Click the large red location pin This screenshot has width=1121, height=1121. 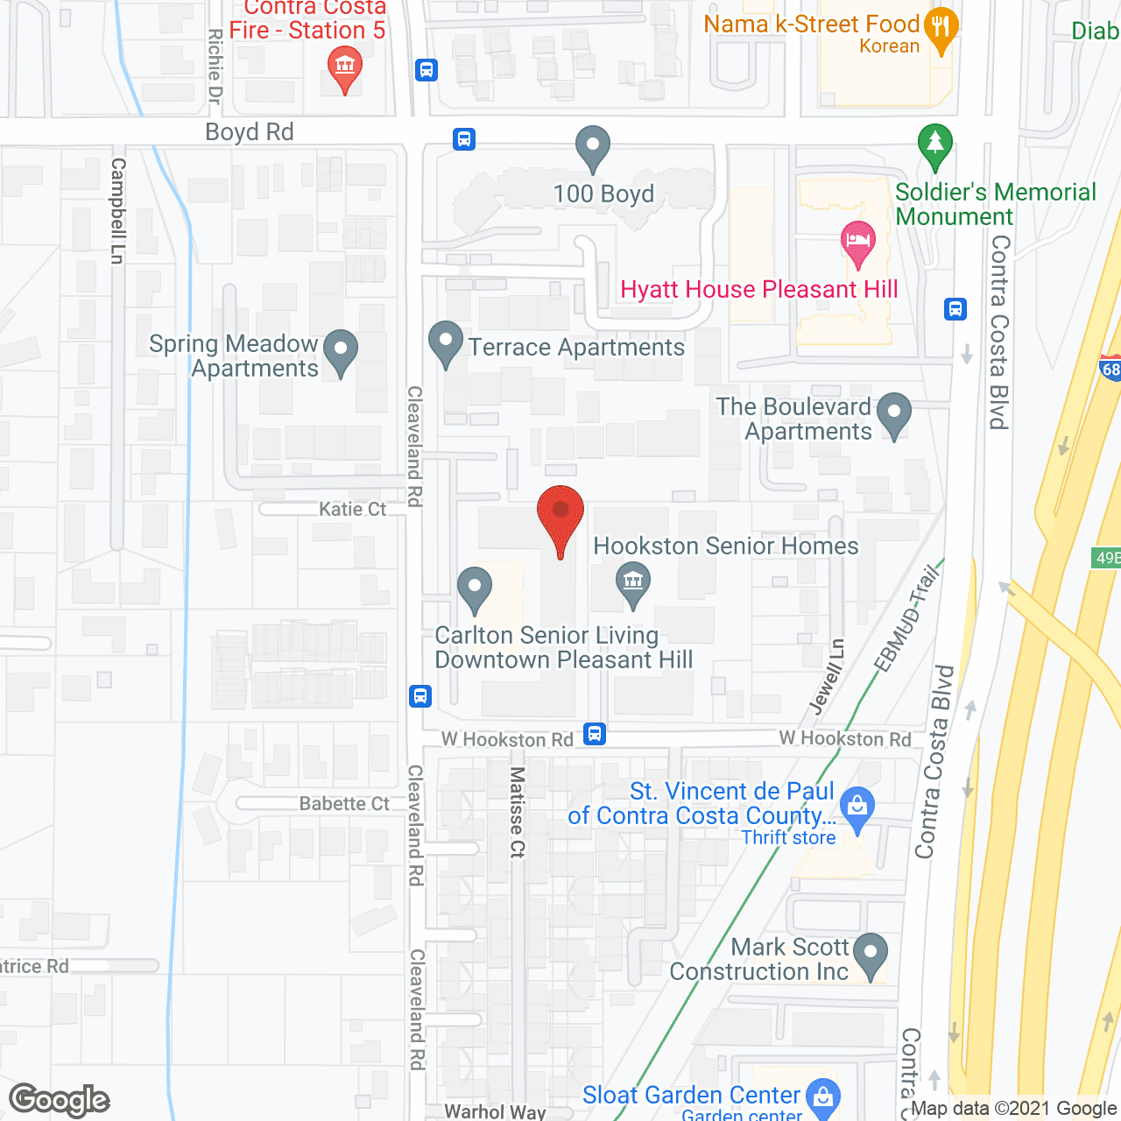[560, 517]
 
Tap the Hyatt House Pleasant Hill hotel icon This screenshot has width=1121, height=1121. [857, 243]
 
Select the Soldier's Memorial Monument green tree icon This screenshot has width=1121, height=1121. [934, 145]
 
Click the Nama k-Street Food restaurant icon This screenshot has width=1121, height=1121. [941, 29]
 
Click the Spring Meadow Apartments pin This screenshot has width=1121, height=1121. [341, 350]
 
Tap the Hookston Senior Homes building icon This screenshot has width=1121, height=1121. [632, 580]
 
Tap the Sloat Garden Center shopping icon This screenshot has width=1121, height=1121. [822, 1096]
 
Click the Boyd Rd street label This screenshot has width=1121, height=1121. [250, 132]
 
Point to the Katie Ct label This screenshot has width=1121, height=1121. [352, 510]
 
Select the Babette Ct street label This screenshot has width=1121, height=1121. [344, 804]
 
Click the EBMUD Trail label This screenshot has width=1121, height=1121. [907, 618]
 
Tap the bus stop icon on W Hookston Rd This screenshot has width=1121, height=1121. [595, 733]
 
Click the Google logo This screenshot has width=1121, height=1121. [60, 1100]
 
